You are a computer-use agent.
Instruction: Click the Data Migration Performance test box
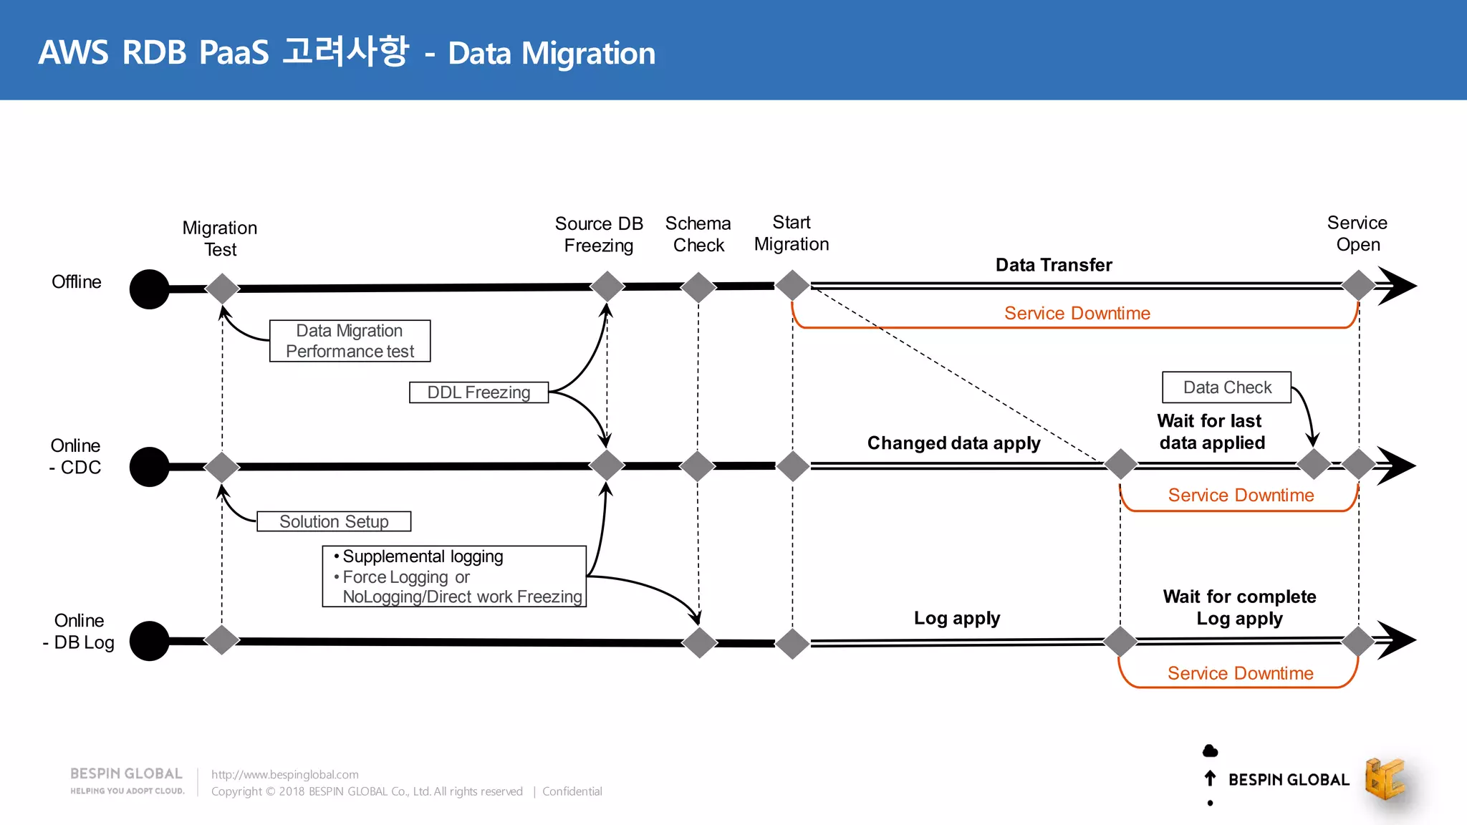pyautogui.click(x=350, y=341)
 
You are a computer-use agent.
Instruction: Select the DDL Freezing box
pyautogui.click(x=478, y=392)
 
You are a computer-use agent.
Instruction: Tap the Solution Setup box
pyautogui.click(x=334, y=521)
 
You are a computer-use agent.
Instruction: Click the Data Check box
pyautogui.click(x=1226, y=387)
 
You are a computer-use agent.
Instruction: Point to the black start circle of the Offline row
pyautogui.click(x=149, y=289)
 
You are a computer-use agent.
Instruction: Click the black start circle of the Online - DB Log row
pyautogui.click(x=149, y=641)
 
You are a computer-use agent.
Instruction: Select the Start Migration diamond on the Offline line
pyautogui.click(x=793, y=285)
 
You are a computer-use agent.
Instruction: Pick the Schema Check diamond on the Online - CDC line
pyautogui.click(x=698, y=466)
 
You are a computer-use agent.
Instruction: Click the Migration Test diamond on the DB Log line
pyautogui.click(x=222, y=640)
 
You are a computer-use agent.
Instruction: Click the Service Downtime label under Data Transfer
pyautogui.click(x=1077, y=313)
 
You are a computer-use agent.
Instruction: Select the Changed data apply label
pyautogui.click(x=953, y=443)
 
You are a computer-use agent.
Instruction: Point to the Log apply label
pyautogui.click(x=956, y=618)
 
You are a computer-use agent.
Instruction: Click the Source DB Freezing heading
pyautogui.click(x=599, y=234)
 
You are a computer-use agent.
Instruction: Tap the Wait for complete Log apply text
pyautogui.click(x=1239, y=607)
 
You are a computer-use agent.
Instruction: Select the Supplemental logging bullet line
pyautogui.click(x=423, y=556)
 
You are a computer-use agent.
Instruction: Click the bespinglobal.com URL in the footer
pyautogui.click(x=285, y=774)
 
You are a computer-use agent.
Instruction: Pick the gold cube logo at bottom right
pyautogui.click(x=1384, y=778)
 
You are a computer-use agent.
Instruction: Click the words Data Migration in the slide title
pyautogui.click(x=552, y=54)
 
